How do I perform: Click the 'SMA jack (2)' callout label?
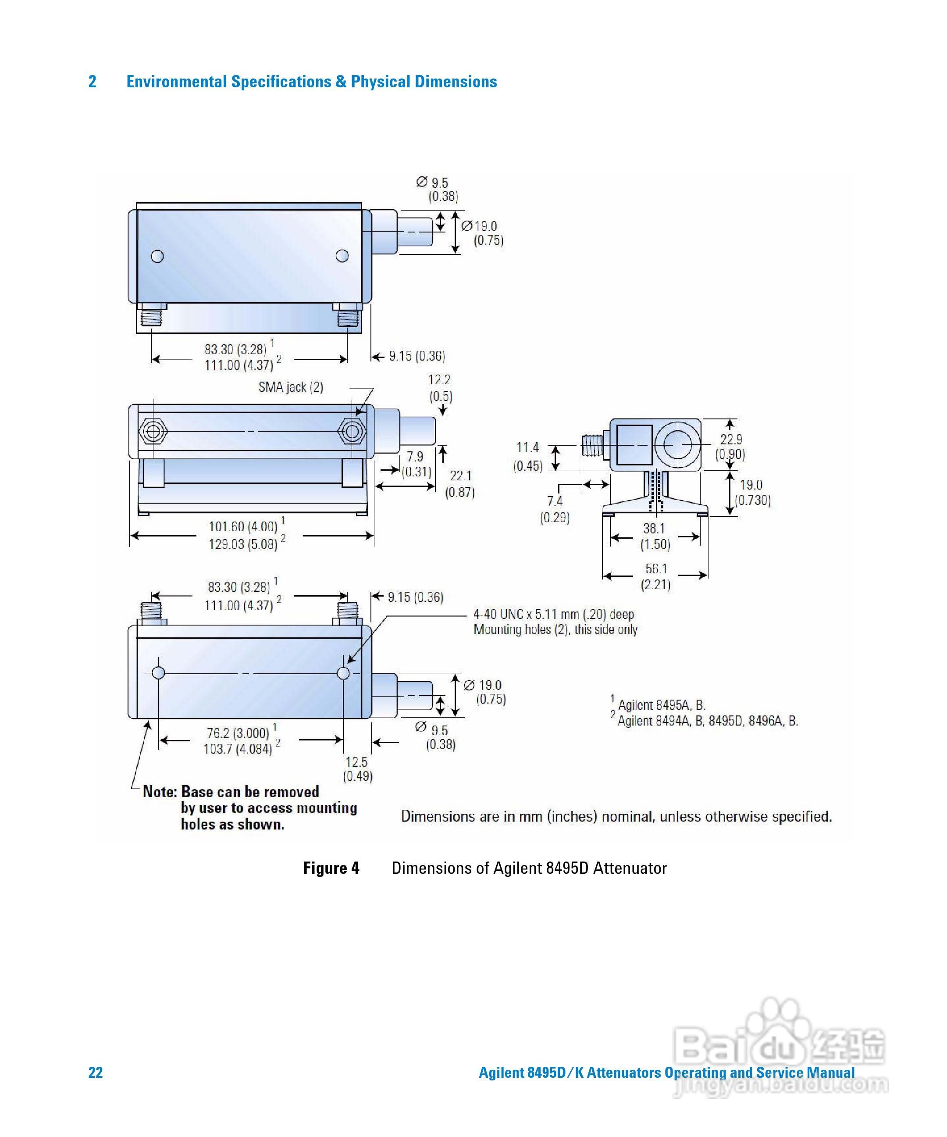point(291,387)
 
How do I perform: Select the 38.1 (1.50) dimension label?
point(655,536)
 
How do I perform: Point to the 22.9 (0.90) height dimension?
point(730,447)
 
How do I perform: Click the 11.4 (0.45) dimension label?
point(527,457)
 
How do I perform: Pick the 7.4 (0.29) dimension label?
point(555,509)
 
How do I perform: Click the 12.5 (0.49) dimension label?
point(357,769)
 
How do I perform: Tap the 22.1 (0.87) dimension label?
point(460,483)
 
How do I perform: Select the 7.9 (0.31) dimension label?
point(416,464)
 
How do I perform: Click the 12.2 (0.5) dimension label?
point(440,388)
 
